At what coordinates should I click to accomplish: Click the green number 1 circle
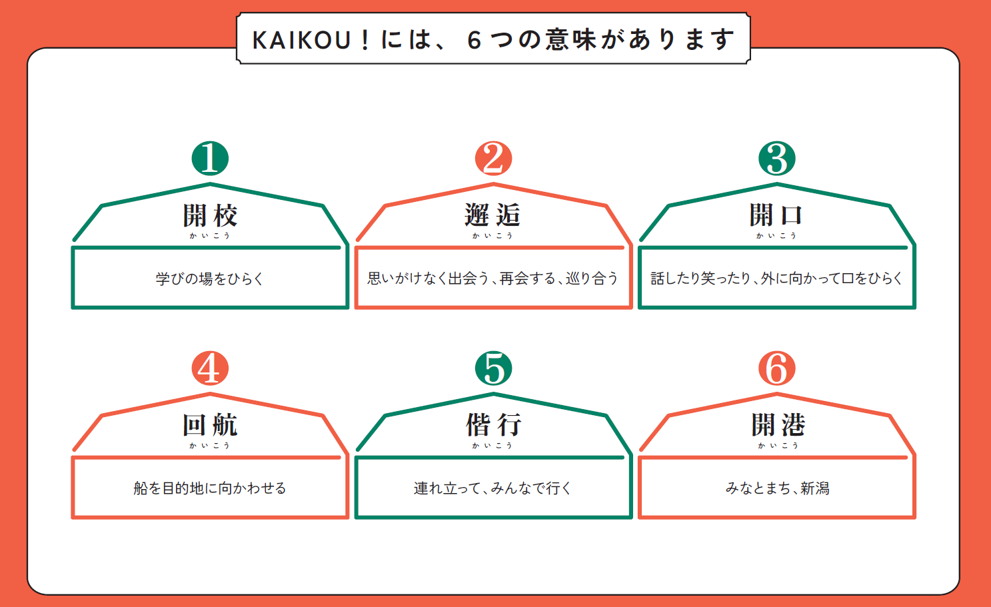coord(210,159)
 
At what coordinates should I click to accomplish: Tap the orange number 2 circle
coord(493,159)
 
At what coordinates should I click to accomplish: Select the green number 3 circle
coord(777,159)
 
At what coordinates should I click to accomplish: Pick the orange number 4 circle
coord(210,368)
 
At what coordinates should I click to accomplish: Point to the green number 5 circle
coord(493,368)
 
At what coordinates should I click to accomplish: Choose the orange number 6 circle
coord(777,368)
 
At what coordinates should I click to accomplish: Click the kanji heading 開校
coord(210,215)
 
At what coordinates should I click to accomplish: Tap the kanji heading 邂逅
coord(493,215)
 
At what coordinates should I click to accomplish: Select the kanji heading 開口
coord(776,215)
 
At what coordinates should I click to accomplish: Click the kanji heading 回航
coord(210,425)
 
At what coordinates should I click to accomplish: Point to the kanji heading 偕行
coord(493,425)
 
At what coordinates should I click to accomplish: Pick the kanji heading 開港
coord(778,425)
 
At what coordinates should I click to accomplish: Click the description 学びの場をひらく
coord(210,279)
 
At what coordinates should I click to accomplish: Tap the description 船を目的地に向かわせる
coord(210,488)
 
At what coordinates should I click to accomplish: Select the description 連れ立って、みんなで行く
coord(493,488)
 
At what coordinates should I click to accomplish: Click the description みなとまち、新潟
coord(777,488)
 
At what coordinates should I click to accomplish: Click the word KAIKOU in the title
coord(302,41)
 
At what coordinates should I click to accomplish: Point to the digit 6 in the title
coord(474,41)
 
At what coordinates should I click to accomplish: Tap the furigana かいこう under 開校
coord(210,236)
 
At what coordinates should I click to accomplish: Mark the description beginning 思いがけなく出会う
coord(493,279)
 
